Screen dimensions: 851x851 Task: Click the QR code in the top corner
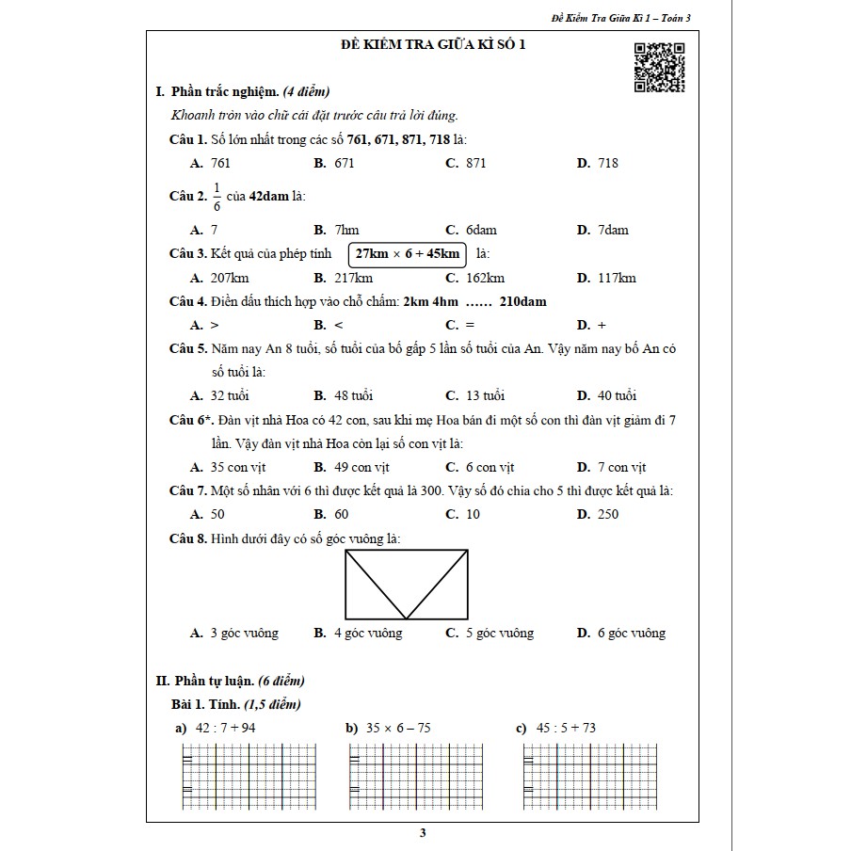click(x=659, y=68)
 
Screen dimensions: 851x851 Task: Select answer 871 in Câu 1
click(x=476, y=163)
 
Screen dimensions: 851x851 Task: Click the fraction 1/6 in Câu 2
click(x=217, y=196)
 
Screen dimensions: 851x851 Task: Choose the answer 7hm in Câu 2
click(x=346, y=230)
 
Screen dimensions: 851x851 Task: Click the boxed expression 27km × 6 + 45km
click(x=408, y=254)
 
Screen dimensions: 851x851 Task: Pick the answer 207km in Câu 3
click(x=230, y=278)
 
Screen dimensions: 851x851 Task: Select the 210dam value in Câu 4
click(x=523, y=301)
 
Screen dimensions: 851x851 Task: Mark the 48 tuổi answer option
click(x=353, y=395)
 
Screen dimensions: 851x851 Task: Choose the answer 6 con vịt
click(x=490, y=467)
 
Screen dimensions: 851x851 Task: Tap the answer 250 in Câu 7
click(x=608, y=514)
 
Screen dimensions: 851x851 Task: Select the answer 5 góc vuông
click(x=499, y=634)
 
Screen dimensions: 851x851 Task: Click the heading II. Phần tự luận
click(x=230, y=681)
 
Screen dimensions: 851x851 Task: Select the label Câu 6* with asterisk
click(x=190, y=420)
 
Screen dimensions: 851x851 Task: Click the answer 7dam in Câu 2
click(x=613, y=230)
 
